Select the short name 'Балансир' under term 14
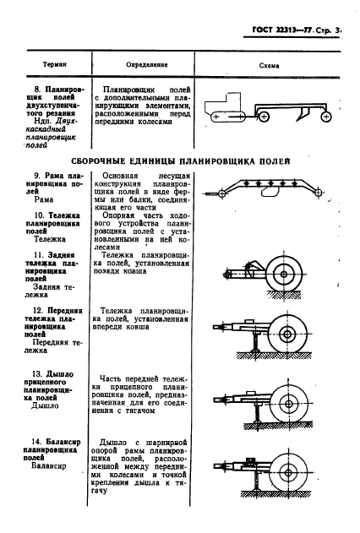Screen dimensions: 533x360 50,465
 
